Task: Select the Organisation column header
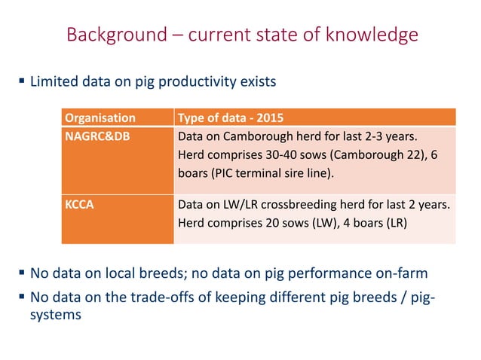[x=100, y=117]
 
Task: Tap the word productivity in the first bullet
[x=191, y=79]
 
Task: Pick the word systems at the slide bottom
[x=54, y=313]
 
